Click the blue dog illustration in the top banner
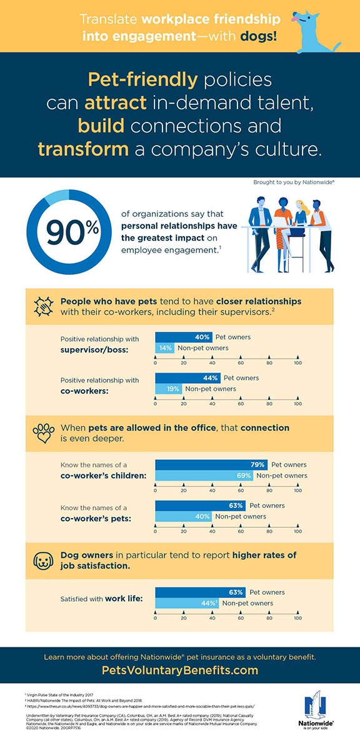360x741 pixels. pyautogui.click(x=322, y=28)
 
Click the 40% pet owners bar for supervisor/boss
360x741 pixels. pyautogui.click(x=184, y=337)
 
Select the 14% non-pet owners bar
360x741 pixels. pyautogui.click(x=165, y=348)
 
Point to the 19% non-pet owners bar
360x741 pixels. pyautogui.click(x=169, y=389)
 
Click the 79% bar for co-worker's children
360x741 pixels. pyautogui.click(x=211, y=465)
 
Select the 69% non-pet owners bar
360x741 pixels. pyautogui.click(x=204, y=475)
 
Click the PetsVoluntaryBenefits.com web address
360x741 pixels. pyautogui.click(x=179, y=670)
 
